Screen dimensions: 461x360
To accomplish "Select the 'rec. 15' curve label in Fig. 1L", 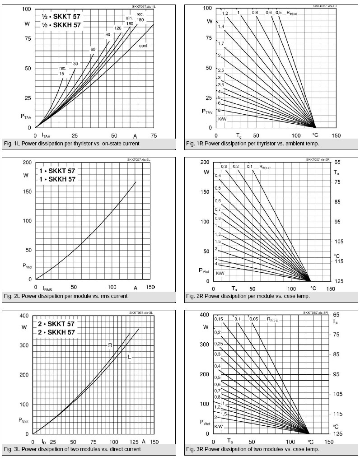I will tap(62, 70).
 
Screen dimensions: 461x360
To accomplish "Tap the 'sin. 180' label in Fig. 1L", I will tap(130, 20).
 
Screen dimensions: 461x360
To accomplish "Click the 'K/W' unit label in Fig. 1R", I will tap(222, 119).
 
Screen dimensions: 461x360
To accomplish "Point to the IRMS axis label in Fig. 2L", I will tap(48, 288).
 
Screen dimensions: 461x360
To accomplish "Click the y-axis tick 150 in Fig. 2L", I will tap(27, 191).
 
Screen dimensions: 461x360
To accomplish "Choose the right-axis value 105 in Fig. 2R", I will tap(339, 242).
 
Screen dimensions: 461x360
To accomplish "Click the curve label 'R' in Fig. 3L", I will tap(110, 345).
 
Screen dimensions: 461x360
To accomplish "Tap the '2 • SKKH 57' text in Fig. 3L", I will tap(56, 332).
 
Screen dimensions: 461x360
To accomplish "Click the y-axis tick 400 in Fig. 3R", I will tap(204, 315).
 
